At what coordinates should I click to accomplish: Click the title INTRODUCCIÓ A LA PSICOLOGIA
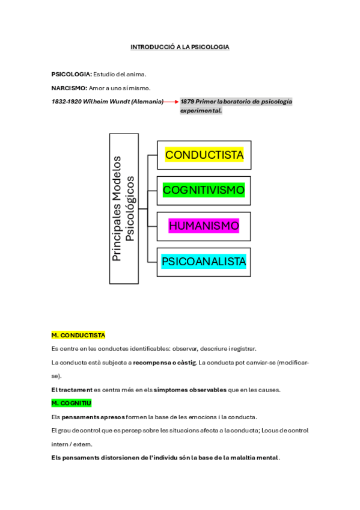tap(180, 46)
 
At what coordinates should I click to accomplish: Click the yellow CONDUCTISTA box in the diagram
tap(204, 155)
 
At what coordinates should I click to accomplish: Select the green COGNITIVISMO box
tap(204, 191)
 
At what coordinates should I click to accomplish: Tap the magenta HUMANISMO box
tap(204, 226)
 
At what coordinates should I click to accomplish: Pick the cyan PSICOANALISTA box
tap(204, 262)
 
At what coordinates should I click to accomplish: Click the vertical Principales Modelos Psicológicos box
tap(124, 209)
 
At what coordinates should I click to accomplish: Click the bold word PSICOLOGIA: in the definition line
tap(72, 74)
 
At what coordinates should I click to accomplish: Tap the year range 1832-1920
tap(67, 102)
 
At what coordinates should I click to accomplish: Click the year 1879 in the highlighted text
tap(188, 102)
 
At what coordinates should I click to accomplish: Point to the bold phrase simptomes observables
tap(190, 389)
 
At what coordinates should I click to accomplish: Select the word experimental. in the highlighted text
tap(201, 111)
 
